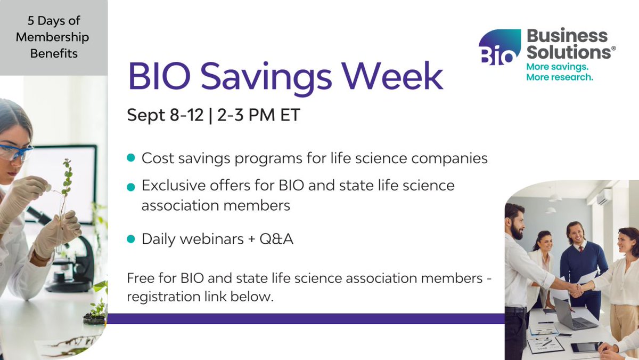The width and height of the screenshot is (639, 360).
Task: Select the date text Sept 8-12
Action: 165,115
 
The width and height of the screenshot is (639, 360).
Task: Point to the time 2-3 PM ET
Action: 256,115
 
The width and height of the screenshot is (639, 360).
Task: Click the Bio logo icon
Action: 499,47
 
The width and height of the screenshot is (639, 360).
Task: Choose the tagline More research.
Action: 559,77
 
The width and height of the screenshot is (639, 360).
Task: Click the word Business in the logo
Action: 567,36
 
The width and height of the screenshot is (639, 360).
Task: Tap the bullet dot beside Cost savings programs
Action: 130,158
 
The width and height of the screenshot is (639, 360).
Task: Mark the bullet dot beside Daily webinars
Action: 130,239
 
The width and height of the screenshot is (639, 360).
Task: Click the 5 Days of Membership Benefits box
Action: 54,37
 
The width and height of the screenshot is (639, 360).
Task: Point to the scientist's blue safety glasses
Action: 16,152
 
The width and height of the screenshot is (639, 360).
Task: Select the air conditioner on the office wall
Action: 604,198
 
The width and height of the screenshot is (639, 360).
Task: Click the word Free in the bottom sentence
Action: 139,278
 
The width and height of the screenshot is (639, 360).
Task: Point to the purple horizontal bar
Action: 306,318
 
